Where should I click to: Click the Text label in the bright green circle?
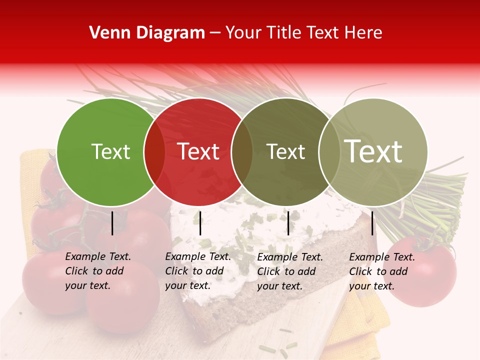click(x=110, y=151)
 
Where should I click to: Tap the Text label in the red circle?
click(x=198, y=151)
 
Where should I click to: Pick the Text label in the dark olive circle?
click(x=286, y=151)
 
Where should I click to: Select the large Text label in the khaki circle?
click(x=373, y=151)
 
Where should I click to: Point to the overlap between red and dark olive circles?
click(x=242, y=152)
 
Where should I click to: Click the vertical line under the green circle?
click(x=112, y=223)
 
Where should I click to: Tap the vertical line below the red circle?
click(x=200, y=223)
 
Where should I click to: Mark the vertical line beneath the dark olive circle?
click(x=288, y=223)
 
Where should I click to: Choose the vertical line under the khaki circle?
click(x=372, y=223)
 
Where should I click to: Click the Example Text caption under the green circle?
click(x=97, y=271)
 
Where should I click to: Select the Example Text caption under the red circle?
click(x=197, y=271)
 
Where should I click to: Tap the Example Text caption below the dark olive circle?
click(x=289, y=271)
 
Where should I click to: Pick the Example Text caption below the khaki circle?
click(x=381, y=271)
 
